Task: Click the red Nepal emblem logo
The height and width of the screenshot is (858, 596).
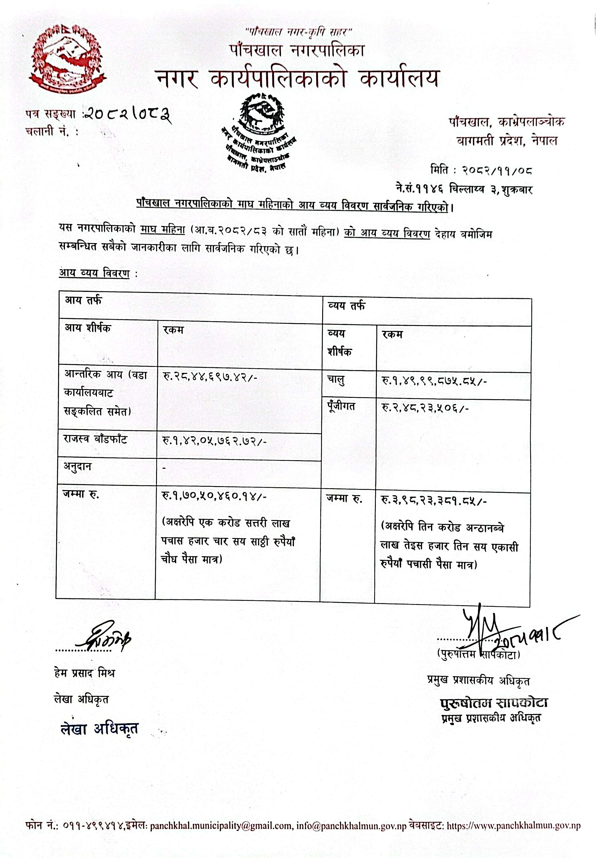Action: click(67, 58)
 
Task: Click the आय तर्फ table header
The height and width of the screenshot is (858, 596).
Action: click(83, 301)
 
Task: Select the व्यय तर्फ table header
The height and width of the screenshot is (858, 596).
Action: click(346, 306)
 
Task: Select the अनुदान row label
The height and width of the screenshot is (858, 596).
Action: click(78, 467)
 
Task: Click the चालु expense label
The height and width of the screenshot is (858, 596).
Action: click(336, 380)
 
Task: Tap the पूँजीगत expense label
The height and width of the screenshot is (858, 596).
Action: click(341, 406)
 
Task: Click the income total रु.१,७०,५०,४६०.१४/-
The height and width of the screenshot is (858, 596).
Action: click(214, 496)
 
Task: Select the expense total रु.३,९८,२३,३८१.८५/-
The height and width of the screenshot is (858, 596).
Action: click(434, 501)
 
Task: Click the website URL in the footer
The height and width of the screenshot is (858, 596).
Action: click(513, 826)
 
